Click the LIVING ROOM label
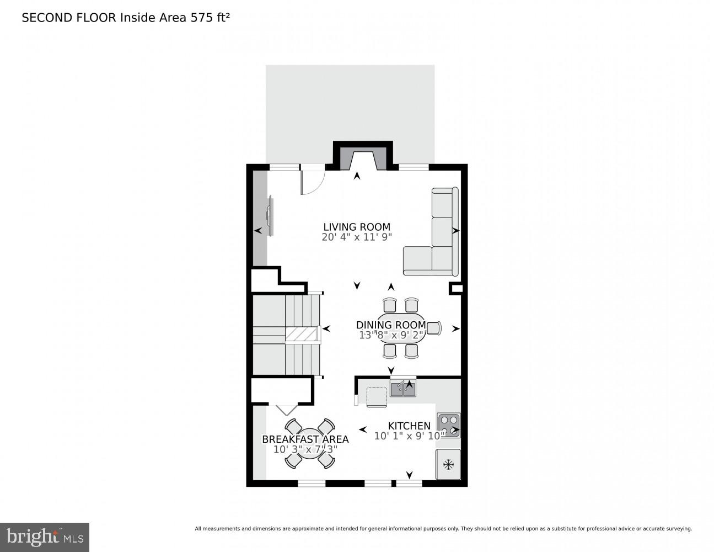(x=357, y=227)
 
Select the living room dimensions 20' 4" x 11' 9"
(x=357, y=237)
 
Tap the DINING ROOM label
(x=390, y=325)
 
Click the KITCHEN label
(x=409, y=426)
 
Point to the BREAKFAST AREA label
(x=305, y=439)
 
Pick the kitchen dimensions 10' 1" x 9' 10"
(x=410, y=436)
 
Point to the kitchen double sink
(x=403, y=389)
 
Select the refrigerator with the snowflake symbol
(x=448, y=464)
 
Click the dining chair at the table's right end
(x=434, y=328)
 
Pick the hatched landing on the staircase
(x=302, y=334)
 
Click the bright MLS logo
(x=45, y=537)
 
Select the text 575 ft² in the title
(x=210, y=18)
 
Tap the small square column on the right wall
(x=456, y=288)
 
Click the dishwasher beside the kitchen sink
(x=377, y=397)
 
